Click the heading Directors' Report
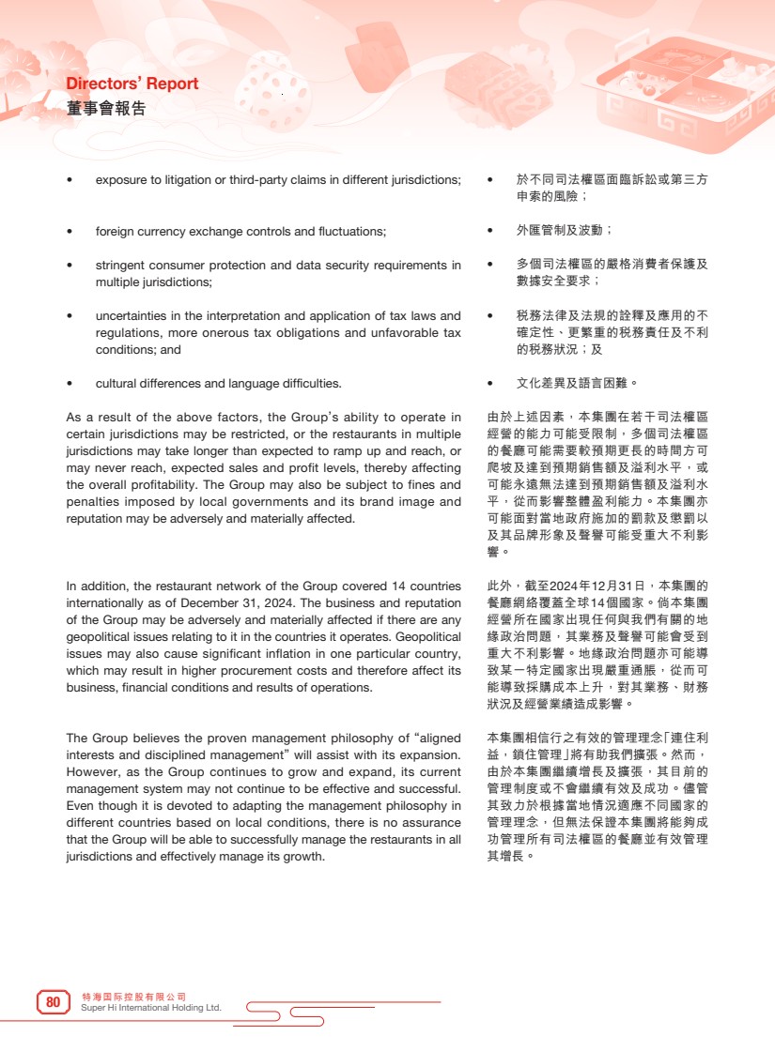point(132,84)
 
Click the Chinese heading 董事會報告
point(106,108)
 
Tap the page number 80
point(54,1003)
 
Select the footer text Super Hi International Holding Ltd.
point(152,1008)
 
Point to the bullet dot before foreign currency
point(70,232)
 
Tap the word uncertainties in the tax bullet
point(130,316)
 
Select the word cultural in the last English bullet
point(116,384)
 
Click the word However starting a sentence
point(92,772)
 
